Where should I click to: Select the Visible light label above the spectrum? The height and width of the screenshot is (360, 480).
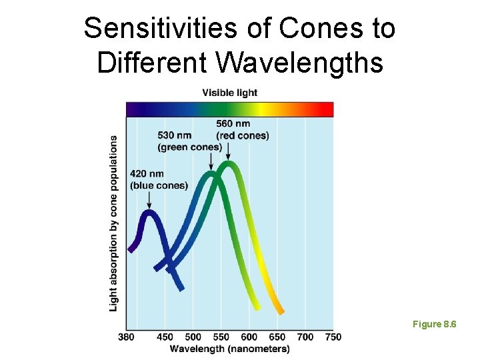click(x=229, y=93)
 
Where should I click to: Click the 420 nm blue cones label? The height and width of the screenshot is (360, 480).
click(x=159, y=180)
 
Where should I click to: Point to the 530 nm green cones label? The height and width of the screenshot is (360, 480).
click(x=189, y=141)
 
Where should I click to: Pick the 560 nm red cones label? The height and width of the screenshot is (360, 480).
click(x=242, y=129)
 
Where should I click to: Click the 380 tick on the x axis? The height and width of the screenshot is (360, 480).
click(x=126, y=337)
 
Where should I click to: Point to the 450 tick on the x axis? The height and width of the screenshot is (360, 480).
click(x=165, y=337)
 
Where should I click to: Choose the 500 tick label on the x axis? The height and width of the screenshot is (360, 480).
click(x=193, y=337)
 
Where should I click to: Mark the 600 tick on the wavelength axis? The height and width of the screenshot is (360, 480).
click(x=249, y=337)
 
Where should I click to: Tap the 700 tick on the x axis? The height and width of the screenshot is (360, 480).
click(x=305, y=337)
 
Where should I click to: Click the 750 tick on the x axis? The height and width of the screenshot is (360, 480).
click(x=333, y=337)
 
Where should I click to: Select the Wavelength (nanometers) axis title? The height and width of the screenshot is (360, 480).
click(x=229, y=349)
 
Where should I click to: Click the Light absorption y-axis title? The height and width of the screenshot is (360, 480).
click(x=114, y=223)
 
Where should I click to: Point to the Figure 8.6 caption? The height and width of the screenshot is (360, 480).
click(x=434, y=324)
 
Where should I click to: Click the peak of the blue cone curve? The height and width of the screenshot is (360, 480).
click(x=149, y=214)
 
